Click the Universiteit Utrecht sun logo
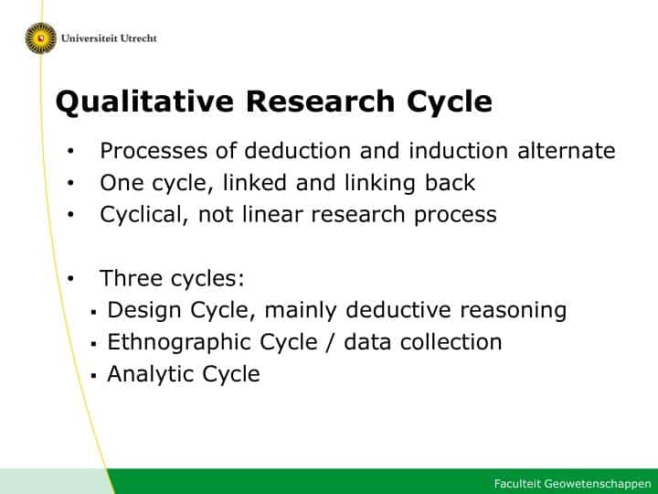(41, 38)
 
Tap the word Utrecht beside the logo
(139, 38)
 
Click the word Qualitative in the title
(144, 102)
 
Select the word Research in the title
(320, 102)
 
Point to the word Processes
(154, 150)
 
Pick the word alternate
(566, 150)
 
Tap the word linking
(380, 183)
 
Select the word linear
(272, 214)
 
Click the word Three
(131, 278)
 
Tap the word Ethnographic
(179, 342)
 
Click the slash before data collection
(331, 342)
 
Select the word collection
(451, 341)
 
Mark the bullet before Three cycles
(70, 278)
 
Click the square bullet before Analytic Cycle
(93, 376)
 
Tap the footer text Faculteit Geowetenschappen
(572, 484)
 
